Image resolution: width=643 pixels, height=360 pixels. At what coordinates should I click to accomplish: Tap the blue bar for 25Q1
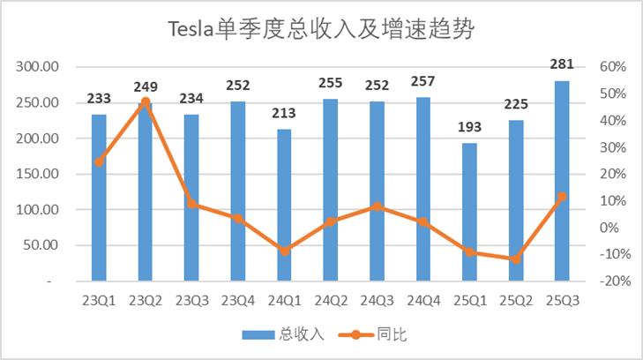tap(469, 212)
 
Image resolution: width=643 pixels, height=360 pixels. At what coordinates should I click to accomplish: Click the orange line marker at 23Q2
tap(146, 102)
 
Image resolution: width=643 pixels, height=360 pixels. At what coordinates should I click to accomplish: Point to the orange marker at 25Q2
tap(516, 259)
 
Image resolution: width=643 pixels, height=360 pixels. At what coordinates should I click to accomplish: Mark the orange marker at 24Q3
tap(377, 206)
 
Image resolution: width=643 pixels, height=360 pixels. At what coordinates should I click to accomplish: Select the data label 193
tap(469, 129)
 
